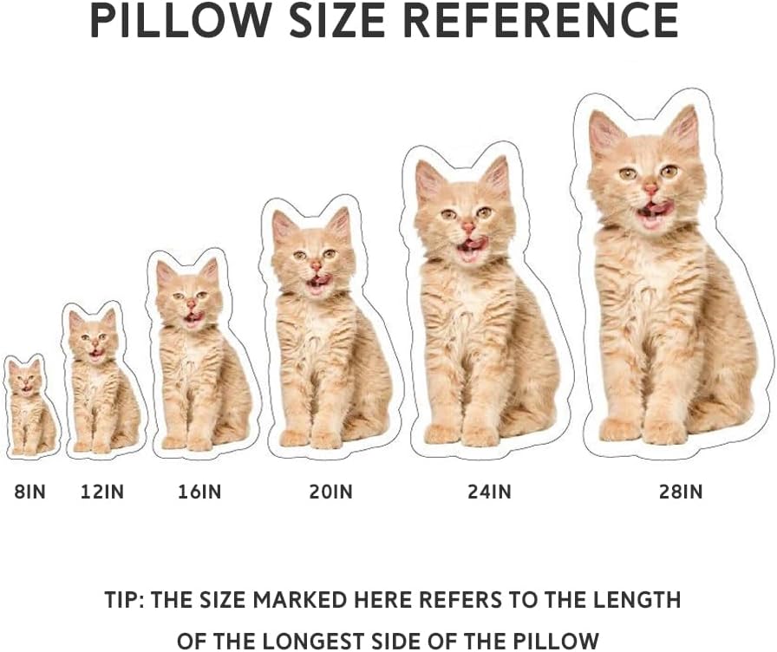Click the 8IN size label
29,492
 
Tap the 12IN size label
102,492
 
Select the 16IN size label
199,492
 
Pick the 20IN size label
330,492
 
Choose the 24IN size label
489,492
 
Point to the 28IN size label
680,492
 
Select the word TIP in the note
124,599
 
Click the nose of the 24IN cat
467,227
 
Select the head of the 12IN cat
93,336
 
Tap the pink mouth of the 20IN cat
319,280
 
